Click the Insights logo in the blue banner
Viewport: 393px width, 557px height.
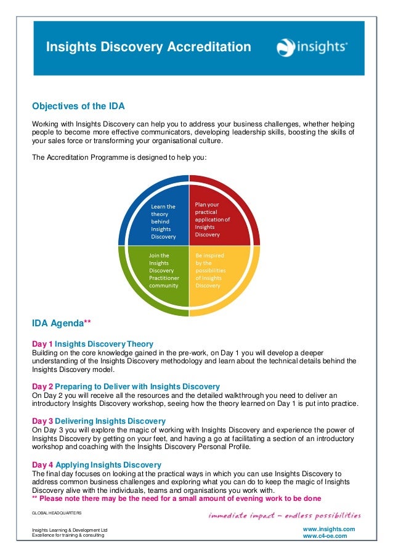pyautogui.click(x=312, y=47)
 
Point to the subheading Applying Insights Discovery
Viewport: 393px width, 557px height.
pyautogui.click(x=108, y=464)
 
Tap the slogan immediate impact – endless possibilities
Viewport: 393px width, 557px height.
pyautogui.click(x=284, y=515)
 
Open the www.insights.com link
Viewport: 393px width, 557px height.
pyautogui.click(x=329, y=529)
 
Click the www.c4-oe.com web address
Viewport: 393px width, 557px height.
pyautogui.click(x=325, y=536)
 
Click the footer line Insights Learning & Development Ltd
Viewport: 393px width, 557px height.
pyautogui.click(x=70, y=529)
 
